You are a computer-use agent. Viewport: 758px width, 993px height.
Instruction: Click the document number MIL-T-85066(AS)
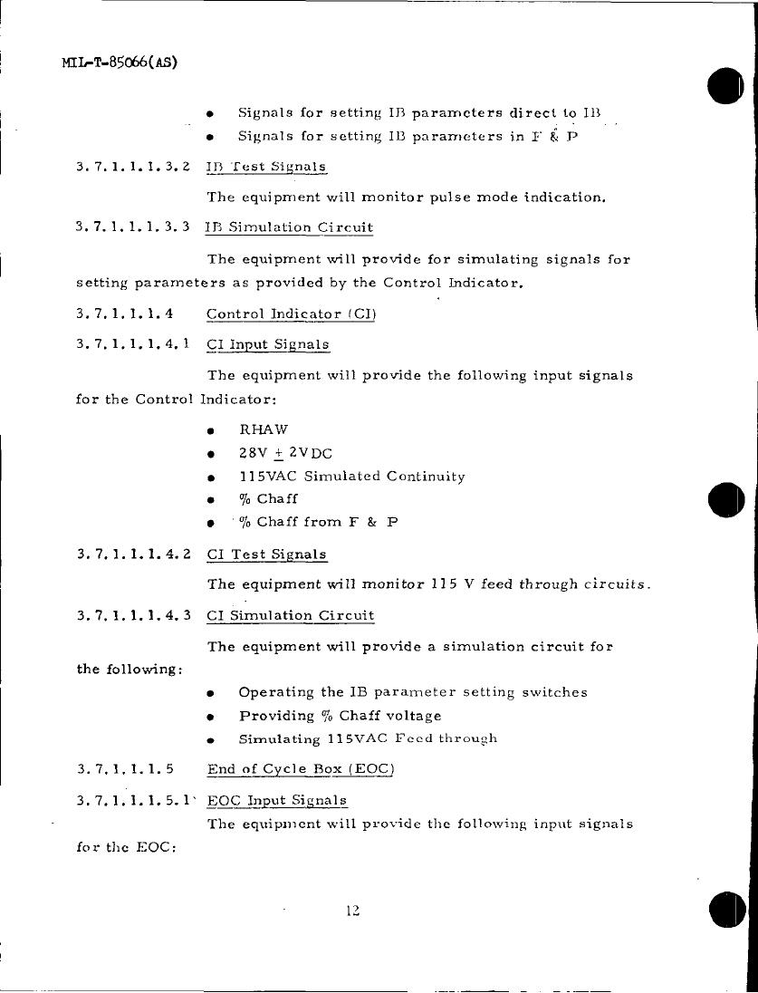coord(120,63)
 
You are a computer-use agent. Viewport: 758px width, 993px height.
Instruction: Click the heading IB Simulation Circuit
coord(289,227)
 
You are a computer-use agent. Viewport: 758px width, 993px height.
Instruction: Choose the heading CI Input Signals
coord(268,345)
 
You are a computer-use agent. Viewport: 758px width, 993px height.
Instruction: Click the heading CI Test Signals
coord(266,554)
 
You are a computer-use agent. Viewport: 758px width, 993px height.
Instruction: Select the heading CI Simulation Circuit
coord(290,616)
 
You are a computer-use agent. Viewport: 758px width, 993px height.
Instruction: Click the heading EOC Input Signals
coord(277,801)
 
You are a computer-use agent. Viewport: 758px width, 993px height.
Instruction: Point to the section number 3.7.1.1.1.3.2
coord(133,167)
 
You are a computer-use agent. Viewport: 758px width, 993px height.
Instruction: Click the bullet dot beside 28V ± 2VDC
coord(210,454)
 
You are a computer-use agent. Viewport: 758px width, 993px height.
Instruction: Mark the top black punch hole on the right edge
coord(726,86)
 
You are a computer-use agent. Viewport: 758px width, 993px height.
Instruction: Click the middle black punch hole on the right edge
coord(726,500)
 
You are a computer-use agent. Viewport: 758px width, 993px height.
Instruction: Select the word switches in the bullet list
coord(554,692)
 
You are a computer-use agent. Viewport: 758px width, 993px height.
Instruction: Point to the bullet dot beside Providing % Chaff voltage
coord(210,717)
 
